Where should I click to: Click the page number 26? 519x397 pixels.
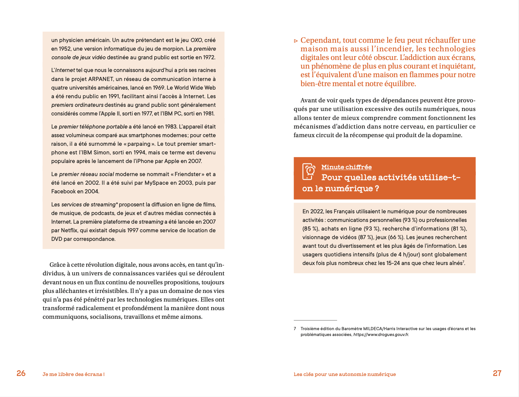pyautogui.click(x=21, y=373)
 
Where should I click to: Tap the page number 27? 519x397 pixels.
pyautogui.click(x=497, y=373)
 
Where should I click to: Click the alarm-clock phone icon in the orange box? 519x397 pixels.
pyautogui.click(x=309, y=172)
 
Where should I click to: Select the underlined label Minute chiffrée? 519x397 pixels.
pyautogui.click(x=346, y=167)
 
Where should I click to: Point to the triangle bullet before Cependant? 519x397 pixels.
pyautogui.click(x=296, y=41)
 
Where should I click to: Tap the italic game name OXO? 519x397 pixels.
pyautogui.click(x=196, y=40)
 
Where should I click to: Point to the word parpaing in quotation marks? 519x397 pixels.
pyautogui.click(x=139, y=144)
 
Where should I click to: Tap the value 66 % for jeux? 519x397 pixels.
pyautogui.click(x=396, y=237)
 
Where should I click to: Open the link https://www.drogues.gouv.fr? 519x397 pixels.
pyautogui.click(x=381, y=335)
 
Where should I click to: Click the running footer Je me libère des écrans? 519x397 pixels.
pyautogui.click(x=74, y=374)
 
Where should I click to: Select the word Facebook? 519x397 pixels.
pyautogui.click(x=63, y=191)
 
